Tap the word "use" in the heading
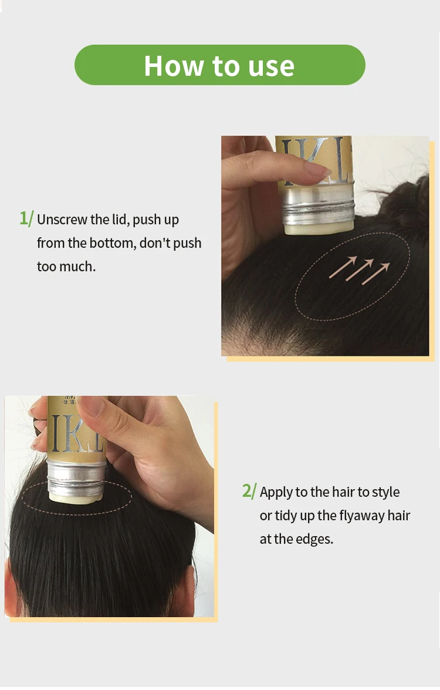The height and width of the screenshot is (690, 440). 271,65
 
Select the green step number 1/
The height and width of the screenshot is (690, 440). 26,218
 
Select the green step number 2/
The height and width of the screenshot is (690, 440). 249,491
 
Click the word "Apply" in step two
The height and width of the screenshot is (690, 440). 276,492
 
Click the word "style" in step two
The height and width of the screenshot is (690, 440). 385,492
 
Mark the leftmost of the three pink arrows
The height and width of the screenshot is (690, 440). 341,267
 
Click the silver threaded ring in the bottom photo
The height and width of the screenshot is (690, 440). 77,479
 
